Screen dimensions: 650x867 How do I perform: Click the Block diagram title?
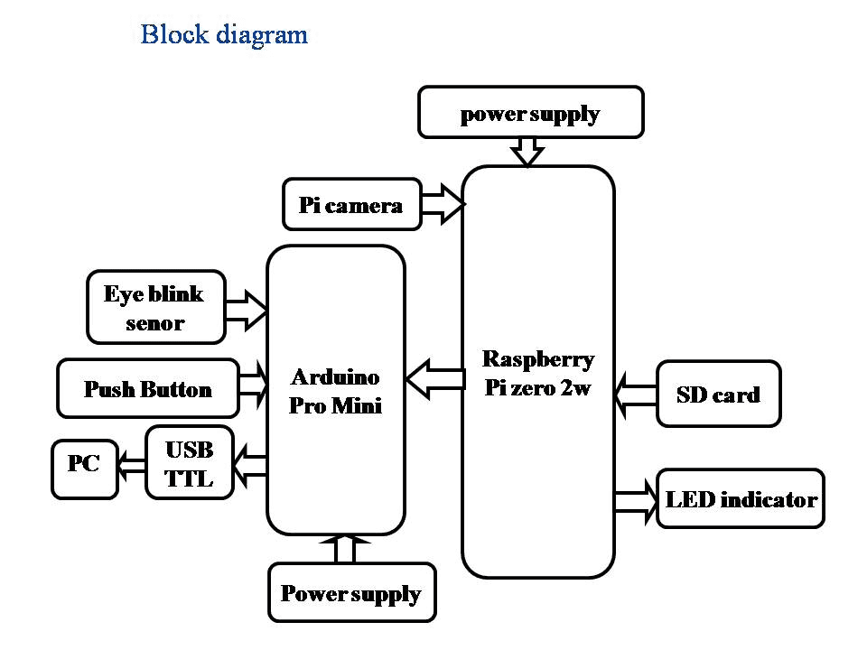point(224,35)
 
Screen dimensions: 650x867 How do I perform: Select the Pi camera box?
point(351,205)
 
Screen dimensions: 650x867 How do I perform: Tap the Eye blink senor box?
point(155,308)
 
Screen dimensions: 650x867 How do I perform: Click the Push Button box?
point(148,389)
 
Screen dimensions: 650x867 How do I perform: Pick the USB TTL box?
point(190,463)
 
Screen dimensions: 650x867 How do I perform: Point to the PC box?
point(85,467)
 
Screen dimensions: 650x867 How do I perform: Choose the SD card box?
point(718,395)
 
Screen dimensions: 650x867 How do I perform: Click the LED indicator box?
point(741,499)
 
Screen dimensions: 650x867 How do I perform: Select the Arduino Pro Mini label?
point(335,391)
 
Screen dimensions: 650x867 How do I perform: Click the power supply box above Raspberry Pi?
point(531,113)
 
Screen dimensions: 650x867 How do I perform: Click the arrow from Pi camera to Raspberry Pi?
point(443,205)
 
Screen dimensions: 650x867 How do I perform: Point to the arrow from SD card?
point(635,395)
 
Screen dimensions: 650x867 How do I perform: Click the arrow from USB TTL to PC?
point(132,466)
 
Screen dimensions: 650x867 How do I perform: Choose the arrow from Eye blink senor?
point(246,309)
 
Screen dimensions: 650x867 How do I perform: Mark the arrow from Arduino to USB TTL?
point(250,466)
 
